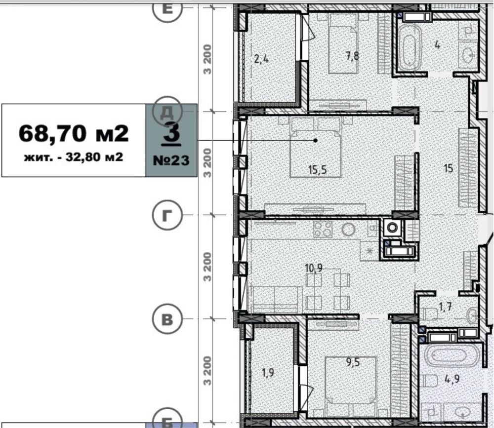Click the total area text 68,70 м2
click(74, 133)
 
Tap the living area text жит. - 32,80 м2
click(74, 157)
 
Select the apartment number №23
click(171, 160)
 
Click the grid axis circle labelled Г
click(167, 215)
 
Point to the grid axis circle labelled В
click(167, 319)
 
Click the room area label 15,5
click(318, 170)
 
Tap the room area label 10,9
click(314, 268)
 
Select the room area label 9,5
click(353, 362)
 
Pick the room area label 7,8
click(352, 56)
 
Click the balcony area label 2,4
click(261, 59)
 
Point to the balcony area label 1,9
click(268, 373)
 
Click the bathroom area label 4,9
click(452, 379)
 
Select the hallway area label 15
click(449, 168)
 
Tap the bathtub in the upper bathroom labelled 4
click(409, 47)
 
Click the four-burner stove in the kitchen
click(323, 229)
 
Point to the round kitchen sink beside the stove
click(348, 230)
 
